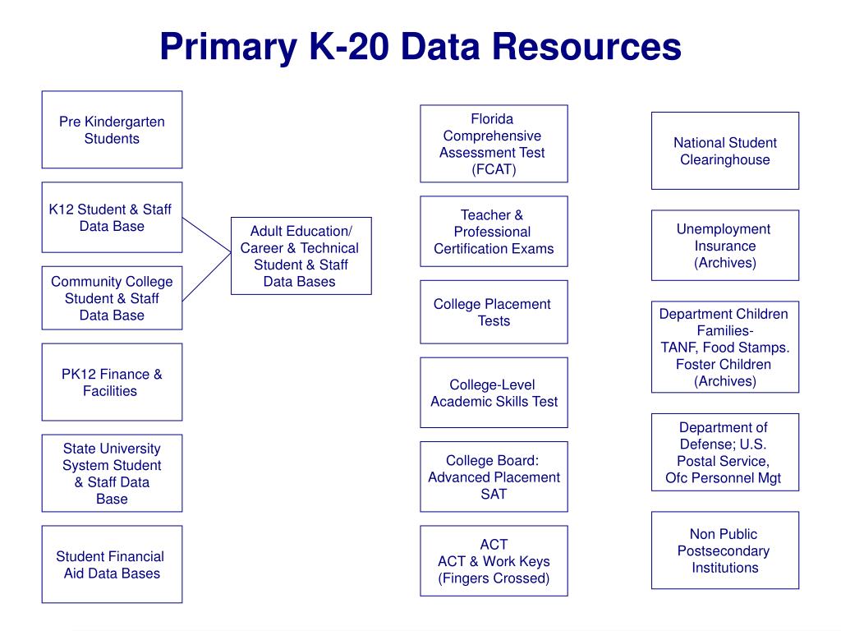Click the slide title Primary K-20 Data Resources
(x=420, y=47)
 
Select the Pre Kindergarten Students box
(x=112, y=130)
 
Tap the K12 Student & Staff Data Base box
(x=112, y=218)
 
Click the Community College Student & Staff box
(x=112, y=297)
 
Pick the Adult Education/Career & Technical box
(x=301, y=256)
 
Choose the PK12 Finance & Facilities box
(x=112, y=382)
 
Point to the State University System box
(x=112, y=473)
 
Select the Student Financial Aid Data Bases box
(x=112, y=564)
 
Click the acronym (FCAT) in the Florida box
(x=494, y=169)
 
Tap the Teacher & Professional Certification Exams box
(x=494, y=231)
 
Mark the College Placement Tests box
(x=494, y=312)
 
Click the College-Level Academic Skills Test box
(x=494, y=393)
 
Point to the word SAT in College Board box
(x=494, y=494)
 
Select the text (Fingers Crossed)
(x=494, y=578)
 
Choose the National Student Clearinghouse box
(x=725, y=150)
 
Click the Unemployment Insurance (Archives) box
(x=725, y=245)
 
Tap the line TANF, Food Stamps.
(x=725, y=347)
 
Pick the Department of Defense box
(x=725, y=452)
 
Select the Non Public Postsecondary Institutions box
(x=725, y=550)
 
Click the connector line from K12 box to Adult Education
(x=207, y=233)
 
